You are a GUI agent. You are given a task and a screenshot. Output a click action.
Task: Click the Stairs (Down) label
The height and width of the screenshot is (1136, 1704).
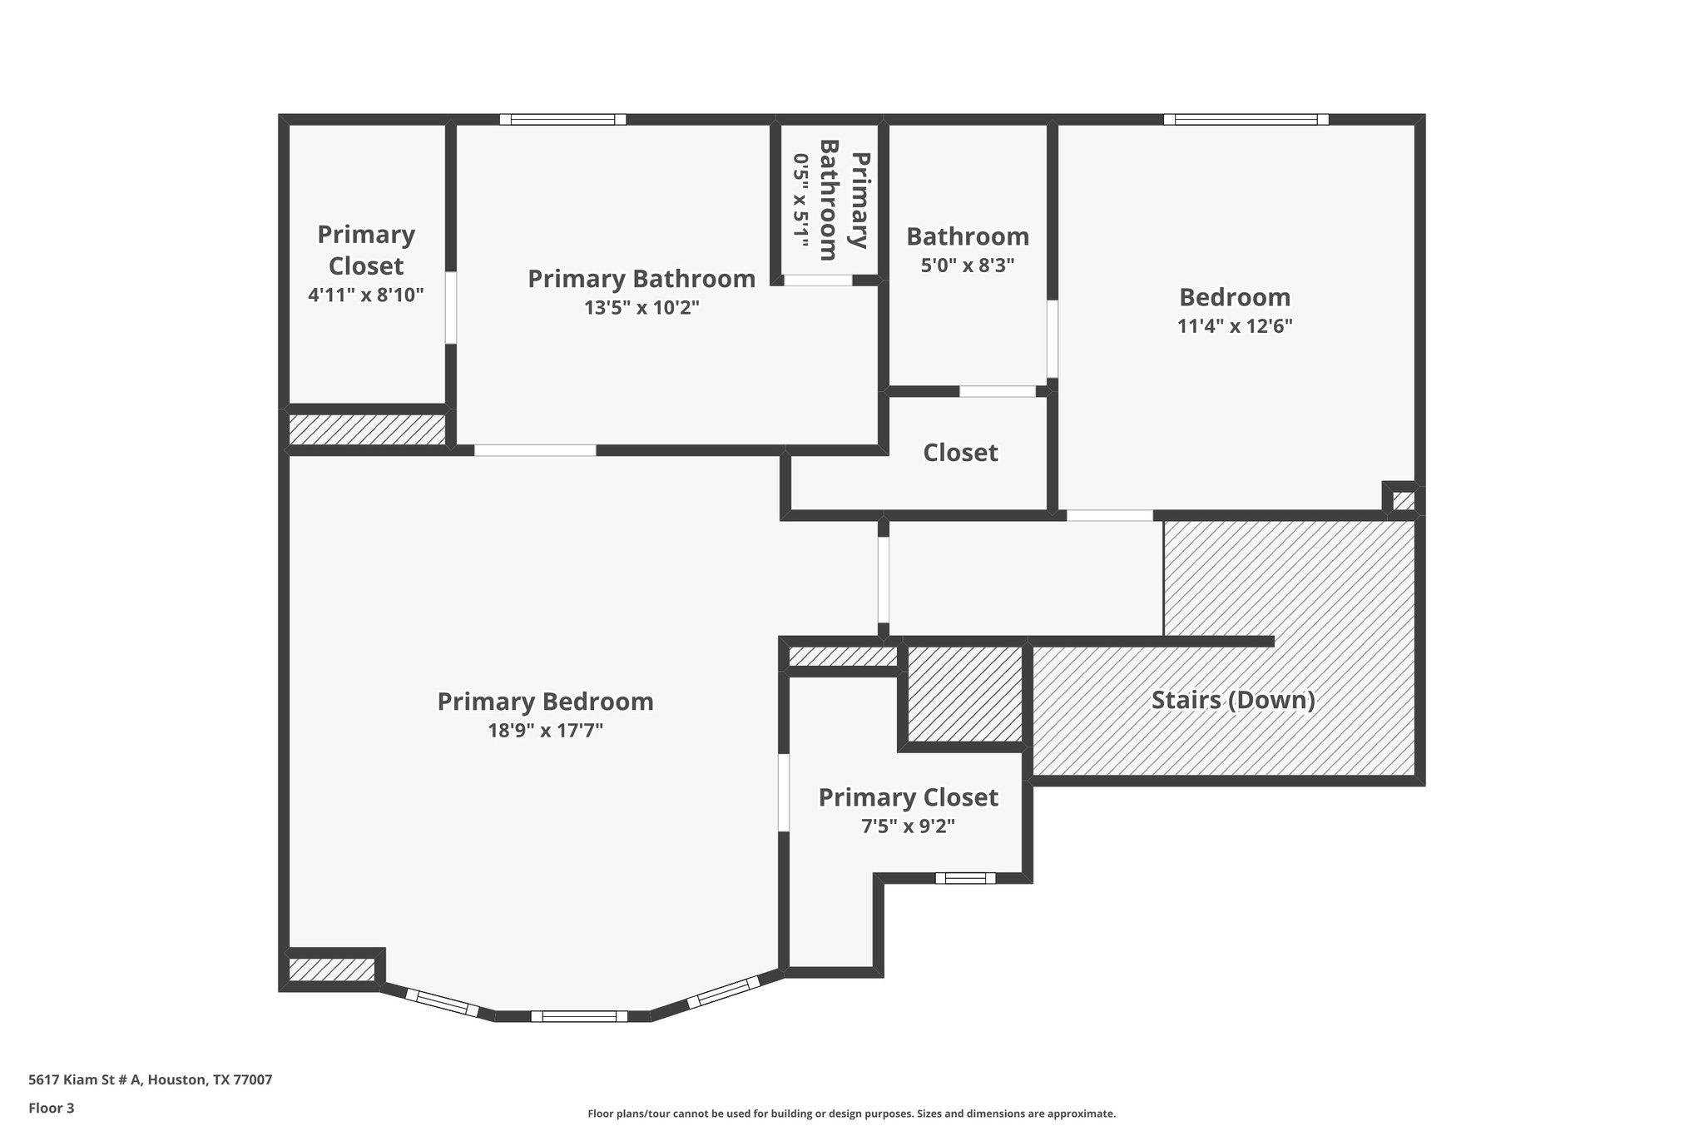1233,700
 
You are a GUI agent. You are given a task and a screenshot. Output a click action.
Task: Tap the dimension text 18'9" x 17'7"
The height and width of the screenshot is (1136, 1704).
545,731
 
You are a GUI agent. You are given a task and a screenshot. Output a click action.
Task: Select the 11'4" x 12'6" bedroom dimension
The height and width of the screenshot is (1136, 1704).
1235,326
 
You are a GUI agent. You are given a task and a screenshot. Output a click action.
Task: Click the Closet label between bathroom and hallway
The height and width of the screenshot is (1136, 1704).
960,453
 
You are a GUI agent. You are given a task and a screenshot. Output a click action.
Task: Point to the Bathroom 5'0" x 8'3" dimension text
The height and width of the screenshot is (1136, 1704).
968,266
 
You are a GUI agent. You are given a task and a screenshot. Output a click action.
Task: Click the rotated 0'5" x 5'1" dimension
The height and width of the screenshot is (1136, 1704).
800,201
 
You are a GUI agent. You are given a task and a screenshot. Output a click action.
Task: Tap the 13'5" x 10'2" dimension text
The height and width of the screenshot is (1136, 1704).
641,308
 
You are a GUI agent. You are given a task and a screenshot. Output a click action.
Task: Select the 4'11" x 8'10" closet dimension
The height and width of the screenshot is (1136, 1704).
366,295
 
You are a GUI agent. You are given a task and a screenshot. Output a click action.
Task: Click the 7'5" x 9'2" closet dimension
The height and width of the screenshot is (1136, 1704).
908,826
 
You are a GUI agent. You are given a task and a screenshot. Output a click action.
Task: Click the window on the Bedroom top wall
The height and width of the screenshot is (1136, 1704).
1246,120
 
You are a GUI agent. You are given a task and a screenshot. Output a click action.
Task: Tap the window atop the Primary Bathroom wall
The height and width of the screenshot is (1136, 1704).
562,120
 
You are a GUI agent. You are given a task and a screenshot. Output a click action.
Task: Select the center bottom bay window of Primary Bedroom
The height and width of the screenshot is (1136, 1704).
579,1015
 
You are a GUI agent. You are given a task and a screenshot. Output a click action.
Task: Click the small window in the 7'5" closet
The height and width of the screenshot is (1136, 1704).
965,877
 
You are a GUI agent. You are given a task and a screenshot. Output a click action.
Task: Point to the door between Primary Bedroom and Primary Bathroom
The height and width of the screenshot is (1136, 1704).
535,450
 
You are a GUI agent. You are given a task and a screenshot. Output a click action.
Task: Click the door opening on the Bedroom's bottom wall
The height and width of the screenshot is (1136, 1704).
1110,515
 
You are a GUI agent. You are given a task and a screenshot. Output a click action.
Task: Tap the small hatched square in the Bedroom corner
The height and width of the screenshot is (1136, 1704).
1403,501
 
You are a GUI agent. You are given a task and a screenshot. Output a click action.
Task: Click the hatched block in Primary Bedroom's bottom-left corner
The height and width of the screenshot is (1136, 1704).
331,970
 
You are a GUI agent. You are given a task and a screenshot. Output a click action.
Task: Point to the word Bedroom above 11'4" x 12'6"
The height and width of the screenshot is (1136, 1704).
1235,297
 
